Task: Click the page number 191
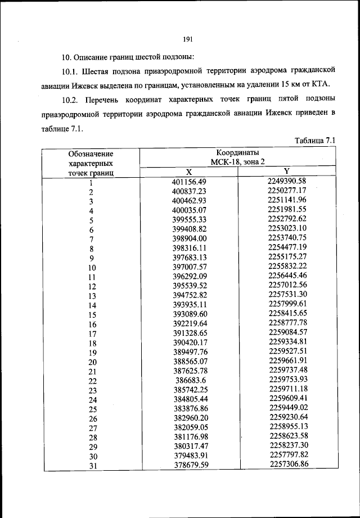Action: (188, 39)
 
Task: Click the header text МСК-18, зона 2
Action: (238, 162)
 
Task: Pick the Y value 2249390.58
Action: (287, 181)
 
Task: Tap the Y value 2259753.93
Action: (287, 380)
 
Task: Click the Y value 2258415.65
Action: (287, 314)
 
